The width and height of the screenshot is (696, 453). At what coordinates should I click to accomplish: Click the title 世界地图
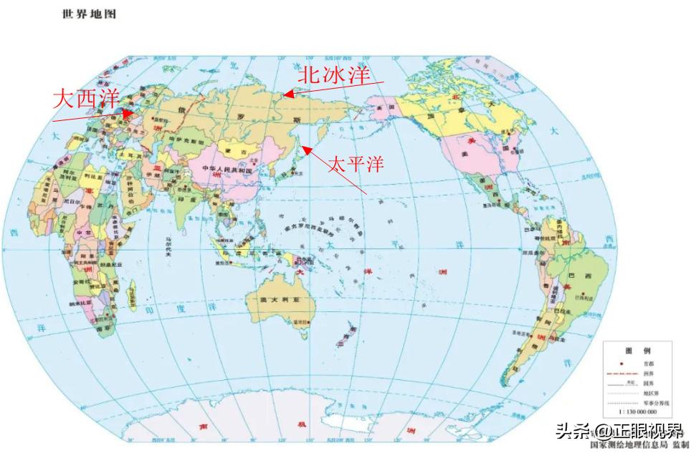[90, 14]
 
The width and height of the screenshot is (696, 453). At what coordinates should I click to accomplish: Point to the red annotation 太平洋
[356, 164]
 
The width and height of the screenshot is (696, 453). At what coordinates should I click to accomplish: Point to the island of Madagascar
[130, 293]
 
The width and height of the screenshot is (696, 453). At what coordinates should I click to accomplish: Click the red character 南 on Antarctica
[201, 427]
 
